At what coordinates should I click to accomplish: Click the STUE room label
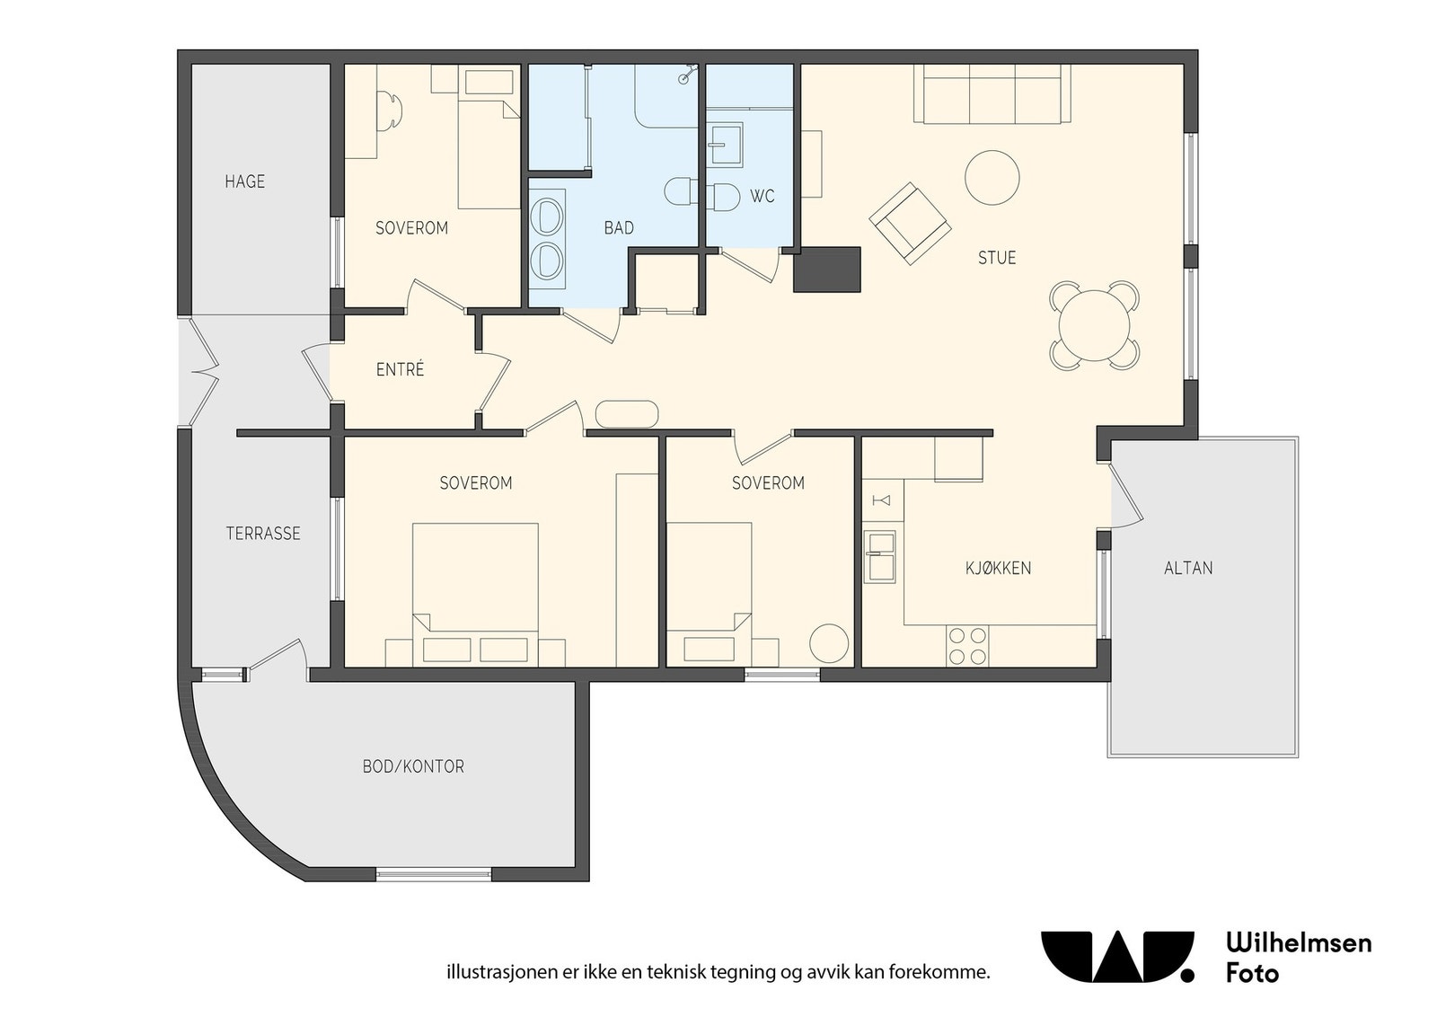click(996, 258)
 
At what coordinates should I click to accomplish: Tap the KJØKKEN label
click(998, 568)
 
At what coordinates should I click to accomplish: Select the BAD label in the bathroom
click(619, 228)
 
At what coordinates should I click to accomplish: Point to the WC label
click(763, 197)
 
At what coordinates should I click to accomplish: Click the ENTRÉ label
click(400, 369)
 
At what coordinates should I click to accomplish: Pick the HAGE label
click(244, 181)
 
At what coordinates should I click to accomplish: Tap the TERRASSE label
click(263, 533)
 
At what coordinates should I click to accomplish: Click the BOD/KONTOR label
click(413, 766)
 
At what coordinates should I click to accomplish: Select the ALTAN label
click(1188, 568)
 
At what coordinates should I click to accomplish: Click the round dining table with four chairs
click(1095, 325)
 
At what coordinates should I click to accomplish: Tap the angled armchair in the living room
click(910, 224)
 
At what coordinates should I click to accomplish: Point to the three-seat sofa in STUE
click(992, 93)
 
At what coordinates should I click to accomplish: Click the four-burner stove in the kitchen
click(967, 646)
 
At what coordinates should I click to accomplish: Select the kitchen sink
click(879, 557)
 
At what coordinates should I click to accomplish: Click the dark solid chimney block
click(827, 270)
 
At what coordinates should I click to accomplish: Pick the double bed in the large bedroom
click(475, 594)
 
